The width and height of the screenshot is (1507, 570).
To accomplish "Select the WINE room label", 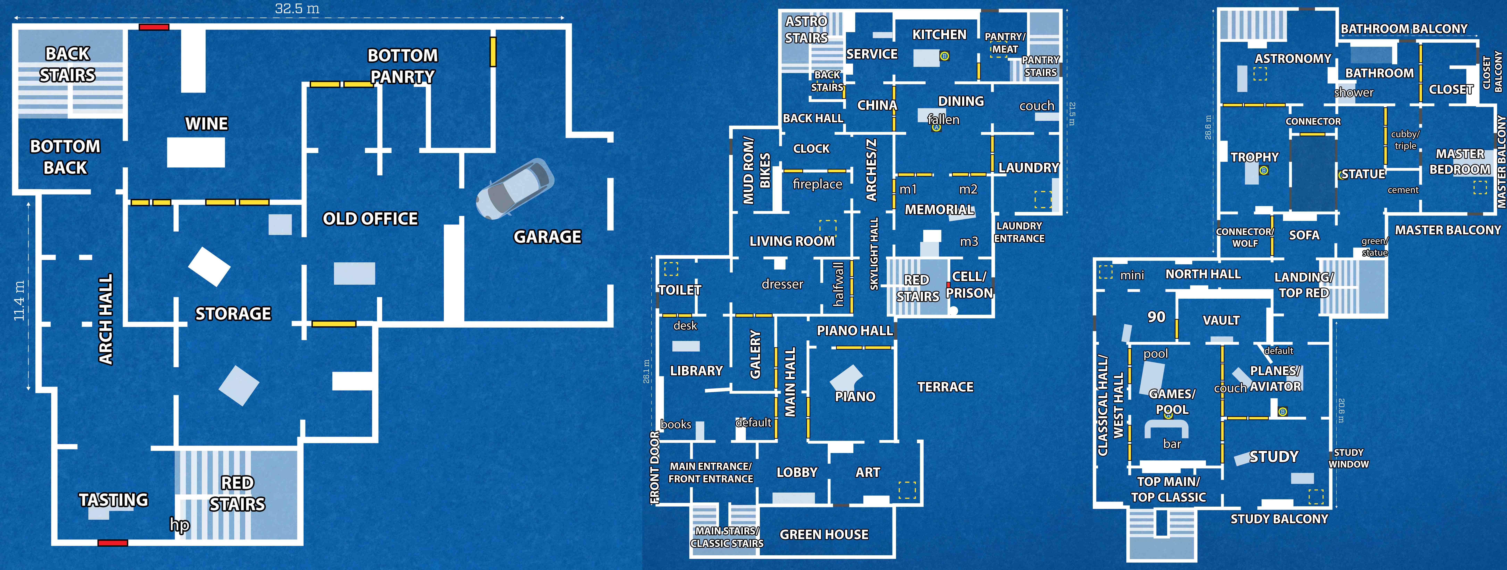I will click(x=207, y=123).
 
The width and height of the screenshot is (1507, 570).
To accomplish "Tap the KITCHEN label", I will click(x=939, y=35).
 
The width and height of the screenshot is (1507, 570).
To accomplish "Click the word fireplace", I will click(x=817, y=184).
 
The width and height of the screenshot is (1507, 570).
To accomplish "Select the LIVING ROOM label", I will click(x=792, y=241).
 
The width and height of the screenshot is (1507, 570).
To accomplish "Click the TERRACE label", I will click(x=945, y=387).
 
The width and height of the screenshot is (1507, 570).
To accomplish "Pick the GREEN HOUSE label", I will click(x=824, y=534).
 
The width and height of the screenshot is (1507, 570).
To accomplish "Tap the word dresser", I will click(x=782, y=284).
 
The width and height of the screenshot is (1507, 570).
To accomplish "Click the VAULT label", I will click(x=1221, y=320).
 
